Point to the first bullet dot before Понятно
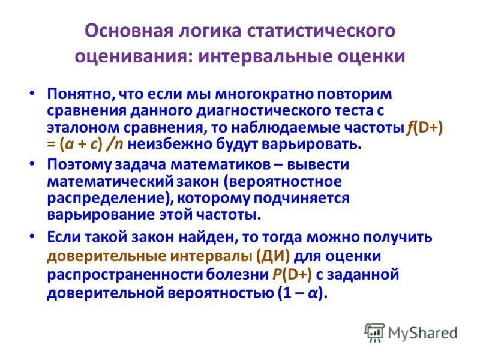34,95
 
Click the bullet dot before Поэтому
34,164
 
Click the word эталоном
79,127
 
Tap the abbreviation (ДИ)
274,257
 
